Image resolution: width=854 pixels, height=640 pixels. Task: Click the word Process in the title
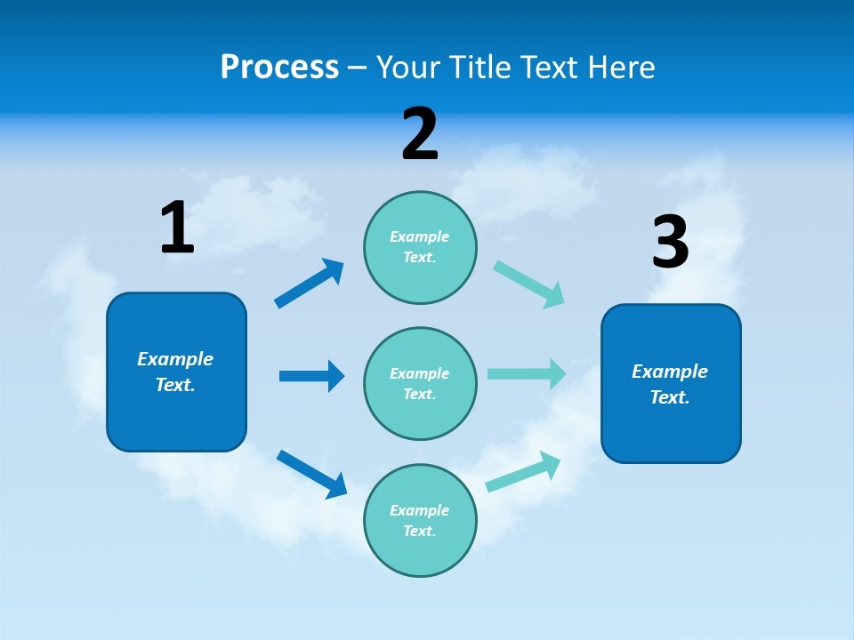tap(279, 68)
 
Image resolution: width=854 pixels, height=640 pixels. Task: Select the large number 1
tap(177, 228)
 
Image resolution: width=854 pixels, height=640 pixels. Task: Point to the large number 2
tap(420, 134)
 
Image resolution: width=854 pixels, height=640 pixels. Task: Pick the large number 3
tap(670, 243)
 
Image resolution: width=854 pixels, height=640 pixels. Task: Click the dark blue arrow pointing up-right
tap(310, 284)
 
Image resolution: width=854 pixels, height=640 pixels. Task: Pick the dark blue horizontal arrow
tap(311, 376)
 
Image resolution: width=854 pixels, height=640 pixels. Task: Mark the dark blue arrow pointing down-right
tap(311, 474)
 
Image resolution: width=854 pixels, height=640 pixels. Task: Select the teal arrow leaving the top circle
tap(529, 284)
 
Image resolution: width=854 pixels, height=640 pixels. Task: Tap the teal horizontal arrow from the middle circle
tap(527, 373)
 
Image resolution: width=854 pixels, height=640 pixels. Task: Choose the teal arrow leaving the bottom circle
tap(523, 471)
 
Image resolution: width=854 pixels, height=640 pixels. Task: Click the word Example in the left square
tap(175, 359)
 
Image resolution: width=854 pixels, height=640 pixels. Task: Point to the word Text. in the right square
tap(670, 397)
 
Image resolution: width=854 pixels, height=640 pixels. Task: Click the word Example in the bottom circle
tap(420, 510)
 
